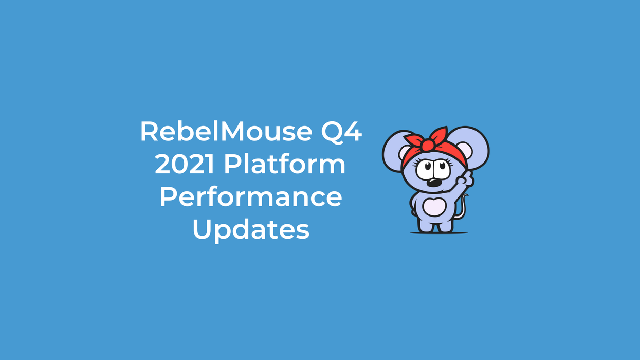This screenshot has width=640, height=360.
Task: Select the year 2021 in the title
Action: click(185, 165)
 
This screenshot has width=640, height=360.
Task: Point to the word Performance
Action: click(251, 198)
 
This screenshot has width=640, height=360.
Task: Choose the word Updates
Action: click(251, 231)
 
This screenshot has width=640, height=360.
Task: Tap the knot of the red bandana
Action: click(427, 145)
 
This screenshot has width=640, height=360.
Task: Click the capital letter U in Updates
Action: click(202, 230)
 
